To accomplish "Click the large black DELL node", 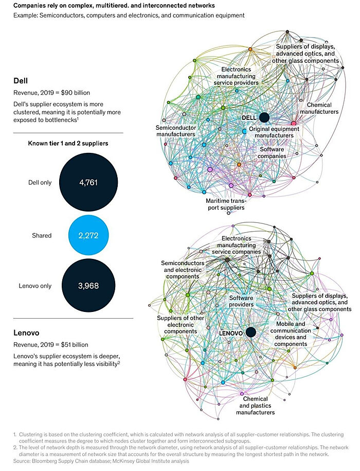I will click(264, 117).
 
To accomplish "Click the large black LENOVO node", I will click(250, 333).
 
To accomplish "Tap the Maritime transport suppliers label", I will click(226, 204).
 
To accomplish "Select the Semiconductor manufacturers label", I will click(175, 130).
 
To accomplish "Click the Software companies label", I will click(272, 152).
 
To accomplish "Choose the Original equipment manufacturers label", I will click(271, 132).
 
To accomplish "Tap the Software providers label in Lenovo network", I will click(241, 301).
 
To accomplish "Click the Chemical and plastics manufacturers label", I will click(255, 405).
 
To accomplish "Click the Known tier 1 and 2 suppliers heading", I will click(67, 144).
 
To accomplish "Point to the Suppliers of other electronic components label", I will click(177, 324).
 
